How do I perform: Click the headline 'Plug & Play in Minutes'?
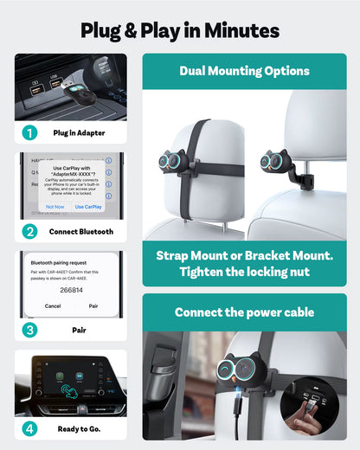pos(180,30)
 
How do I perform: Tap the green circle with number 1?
pos(30,132)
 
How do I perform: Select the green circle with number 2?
pos(30,231)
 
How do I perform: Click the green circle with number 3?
pos(30,330)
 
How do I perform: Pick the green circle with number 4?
pos(30,428)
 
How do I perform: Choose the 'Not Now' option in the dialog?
pos(55,207)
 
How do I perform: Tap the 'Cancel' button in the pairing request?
pos(53,306)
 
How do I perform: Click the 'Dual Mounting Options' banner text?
pos(244,70)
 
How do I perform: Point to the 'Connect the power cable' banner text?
pos(244,312)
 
